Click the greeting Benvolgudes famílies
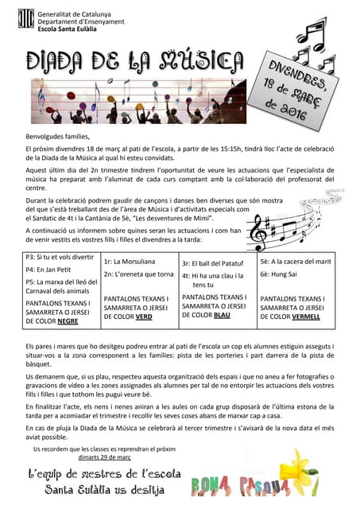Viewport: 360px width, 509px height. pos(59,138)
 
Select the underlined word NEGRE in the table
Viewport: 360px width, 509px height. pos(68,321)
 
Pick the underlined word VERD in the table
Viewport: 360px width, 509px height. pos(144,316)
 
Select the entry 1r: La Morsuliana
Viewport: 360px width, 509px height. pos(130,261)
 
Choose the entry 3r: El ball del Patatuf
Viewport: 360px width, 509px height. pos(213,262)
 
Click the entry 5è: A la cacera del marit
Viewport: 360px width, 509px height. pos(296,261)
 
